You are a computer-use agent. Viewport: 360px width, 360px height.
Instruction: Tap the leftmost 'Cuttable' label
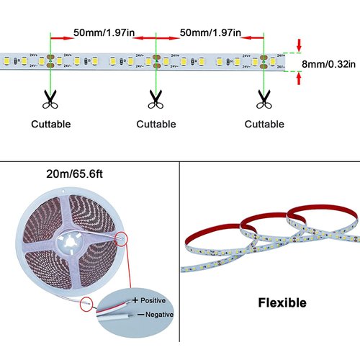pyautogui.click(x=50, y=124)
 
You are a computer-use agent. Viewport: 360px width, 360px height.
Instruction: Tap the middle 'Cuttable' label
pyautogui.click(x=156, y=124)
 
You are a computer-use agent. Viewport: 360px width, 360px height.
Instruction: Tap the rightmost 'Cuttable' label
pyautogui.click(x=264, y=124)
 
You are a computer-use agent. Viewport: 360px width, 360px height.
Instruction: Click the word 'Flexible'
pyautogui.click(x=282, y=302)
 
